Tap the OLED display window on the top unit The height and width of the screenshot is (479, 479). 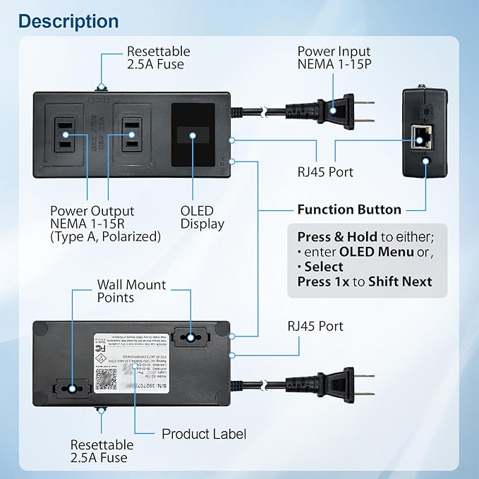coord(193,135)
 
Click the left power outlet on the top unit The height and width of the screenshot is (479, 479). coord(66,133)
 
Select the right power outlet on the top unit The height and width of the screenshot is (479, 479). coord(132,133)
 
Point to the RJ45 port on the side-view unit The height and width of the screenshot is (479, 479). coord(420,138)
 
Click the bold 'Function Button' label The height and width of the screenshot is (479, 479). coord(348,210)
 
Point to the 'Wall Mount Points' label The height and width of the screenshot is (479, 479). coord(131,291)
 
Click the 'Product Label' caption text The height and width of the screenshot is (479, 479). coord(204,434)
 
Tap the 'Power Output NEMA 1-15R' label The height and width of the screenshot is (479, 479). coord(92,224)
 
